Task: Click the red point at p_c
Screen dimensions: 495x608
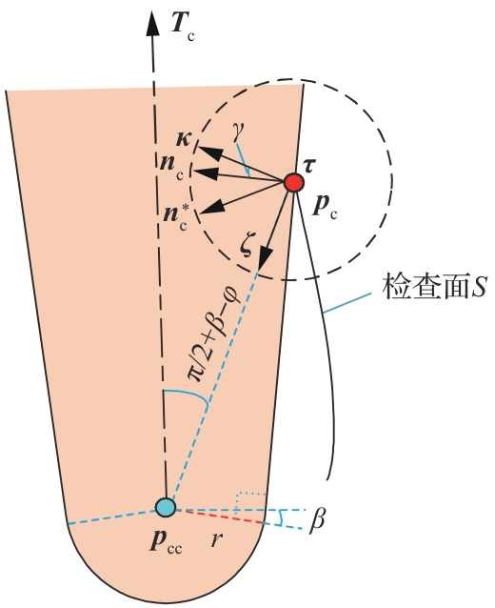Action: point(293,182)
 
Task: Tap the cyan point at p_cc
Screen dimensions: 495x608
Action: point(166,507)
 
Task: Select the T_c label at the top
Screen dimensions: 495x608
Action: point(183,29)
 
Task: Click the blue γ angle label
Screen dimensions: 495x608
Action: point(236,134)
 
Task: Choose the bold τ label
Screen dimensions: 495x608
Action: point(308,166)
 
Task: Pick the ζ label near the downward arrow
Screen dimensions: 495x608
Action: point(247,247)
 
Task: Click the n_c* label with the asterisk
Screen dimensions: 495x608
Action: point(175,216)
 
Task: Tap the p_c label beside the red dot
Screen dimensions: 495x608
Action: point(325,208)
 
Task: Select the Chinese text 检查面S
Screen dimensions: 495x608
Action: point(433,287)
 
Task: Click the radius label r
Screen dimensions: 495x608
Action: point(217,539)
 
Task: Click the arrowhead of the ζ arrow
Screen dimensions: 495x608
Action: point(265,257)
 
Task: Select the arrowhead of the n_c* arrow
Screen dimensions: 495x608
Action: point(210,206)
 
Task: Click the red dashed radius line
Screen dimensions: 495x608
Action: point(220,517)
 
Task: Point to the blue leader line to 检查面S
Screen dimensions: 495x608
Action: point(346,302)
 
